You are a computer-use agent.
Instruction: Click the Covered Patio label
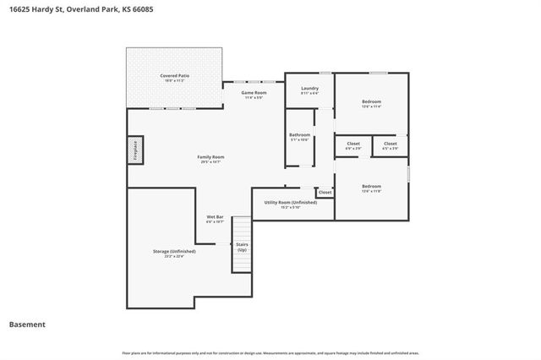(x=174, y=76)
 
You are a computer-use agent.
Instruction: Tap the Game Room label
(x=254, y=92)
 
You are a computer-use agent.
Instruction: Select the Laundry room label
(x=309, y=89)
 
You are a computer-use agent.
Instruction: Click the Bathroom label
(x=300, y=135)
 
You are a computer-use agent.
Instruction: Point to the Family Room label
(x=210, y=157)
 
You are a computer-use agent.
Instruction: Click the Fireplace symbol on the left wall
(x=133, y=150)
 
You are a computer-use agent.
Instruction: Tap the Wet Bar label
(x=215, y=217)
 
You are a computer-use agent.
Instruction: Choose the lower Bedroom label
(x=372, y=186)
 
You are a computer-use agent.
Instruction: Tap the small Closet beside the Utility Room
(x=325, y=193)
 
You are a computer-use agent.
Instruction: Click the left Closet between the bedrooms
(x=353, y=144)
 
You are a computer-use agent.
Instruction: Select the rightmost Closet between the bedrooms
(x=390, y=144)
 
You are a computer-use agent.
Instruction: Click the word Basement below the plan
(x=27, y=325)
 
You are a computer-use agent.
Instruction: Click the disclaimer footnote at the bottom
(x=270, y=352)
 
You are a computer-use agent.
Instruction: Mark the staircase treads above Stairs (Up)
(x=242, y=229)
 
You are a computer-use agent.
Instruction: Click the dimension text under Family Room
(x=210, y=162)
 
